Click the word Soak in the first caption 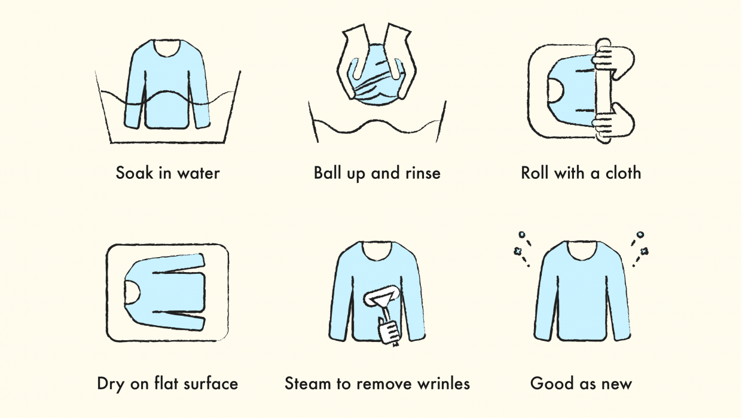point(135,173)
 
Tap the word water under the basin point(199,173)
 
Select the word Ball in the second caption point(329,173)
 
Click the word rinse point(422,173)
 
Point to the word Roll point(535,173)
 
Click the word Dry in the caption point(110,383)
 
